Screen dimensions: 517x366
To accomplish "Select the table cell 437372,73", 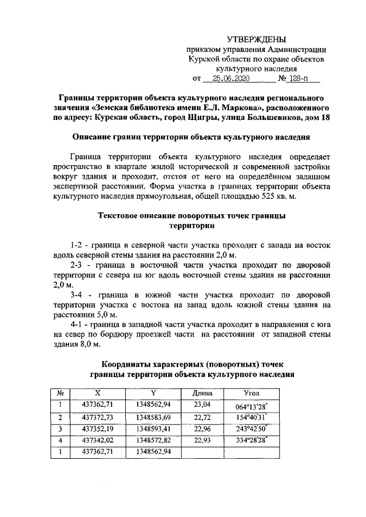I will coord(98,417).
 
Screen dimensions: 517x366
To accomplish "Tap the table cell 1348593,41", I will coord(153,428).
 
